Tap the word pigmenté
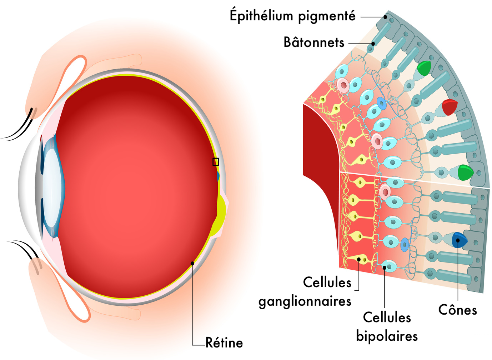(x=327, y=17)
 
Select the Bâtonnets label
(x=314, y=42)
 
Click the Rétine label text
(x=224, y=342)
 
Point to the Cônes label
(x=458, y=310)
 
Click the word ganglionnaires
(x=305, y=301)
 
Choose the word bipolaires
(x=387, y=336)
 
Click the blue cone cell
(x=459, y=240)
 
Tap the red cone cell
(x=450, y=107)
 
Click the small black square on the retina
(x=216, y=162)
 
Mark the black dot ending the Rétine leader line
(x=192, y=263)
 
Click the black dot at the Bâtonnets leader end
(x=373, y=44)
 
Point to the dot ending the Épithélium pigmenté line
(x=385, y=17)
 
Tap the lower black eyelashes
(x=24, y=249)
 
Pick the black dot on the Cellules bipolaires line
(x=385, y=267)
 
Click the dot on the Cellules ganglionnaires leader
(x=359, y=259)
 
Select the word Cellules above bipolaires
(x=387, y=317)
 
